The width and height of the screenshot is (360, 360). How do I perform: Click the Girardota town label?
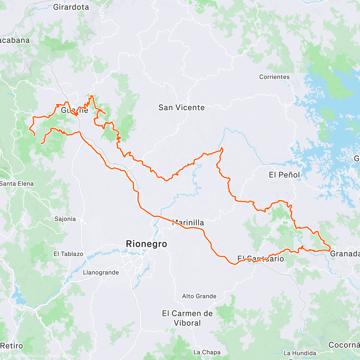coord(71,7)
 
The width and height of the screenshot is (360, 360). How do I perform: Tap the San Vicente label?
coord(181,107)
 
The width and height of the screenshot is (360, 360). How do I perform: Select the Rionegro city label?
coord(146,244)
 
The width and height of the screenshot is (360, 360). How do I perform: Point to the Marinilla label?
coord(188,223)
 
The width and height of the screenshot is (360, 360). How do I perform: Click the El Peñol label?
coord(284,175)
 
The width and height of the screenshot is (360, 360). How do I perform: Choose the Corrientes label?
coord(274,77)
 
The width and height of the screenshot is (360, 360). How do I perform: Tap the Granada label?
coord(345,254)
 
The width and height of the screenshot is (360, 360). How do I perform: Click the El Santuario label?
coord(260,259)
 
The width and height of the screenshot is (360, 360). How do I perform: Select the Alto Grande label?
coord(199,296)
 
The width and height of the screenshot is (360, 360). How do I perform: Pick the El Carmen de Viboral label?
coord(187,318)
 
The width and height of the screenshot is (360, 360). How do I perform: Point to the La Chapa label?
coord(207,352)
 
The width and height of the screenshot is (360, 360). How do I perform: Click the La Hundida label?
coord(300,353)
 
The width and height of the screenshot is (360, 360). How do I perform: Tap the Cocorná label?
coord(344,345)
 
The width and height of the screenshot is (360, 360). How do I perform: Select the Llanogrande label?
coord(101,272)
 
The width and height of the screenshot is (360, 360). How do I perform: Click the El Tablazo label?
coord(68,254)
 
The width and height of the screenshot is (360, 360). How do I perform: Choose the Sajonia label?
coord(65,219)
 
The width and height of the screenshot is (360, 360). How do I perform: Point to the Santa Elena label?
coord(17,184)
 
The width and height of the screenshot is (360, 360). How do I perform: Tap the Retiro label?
coord(11,346)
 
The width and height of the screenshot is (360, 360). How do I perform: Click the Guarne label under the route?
coord(74,110)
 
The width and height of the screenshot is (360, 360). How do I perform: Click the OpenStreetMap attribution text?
coord(63,356)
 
